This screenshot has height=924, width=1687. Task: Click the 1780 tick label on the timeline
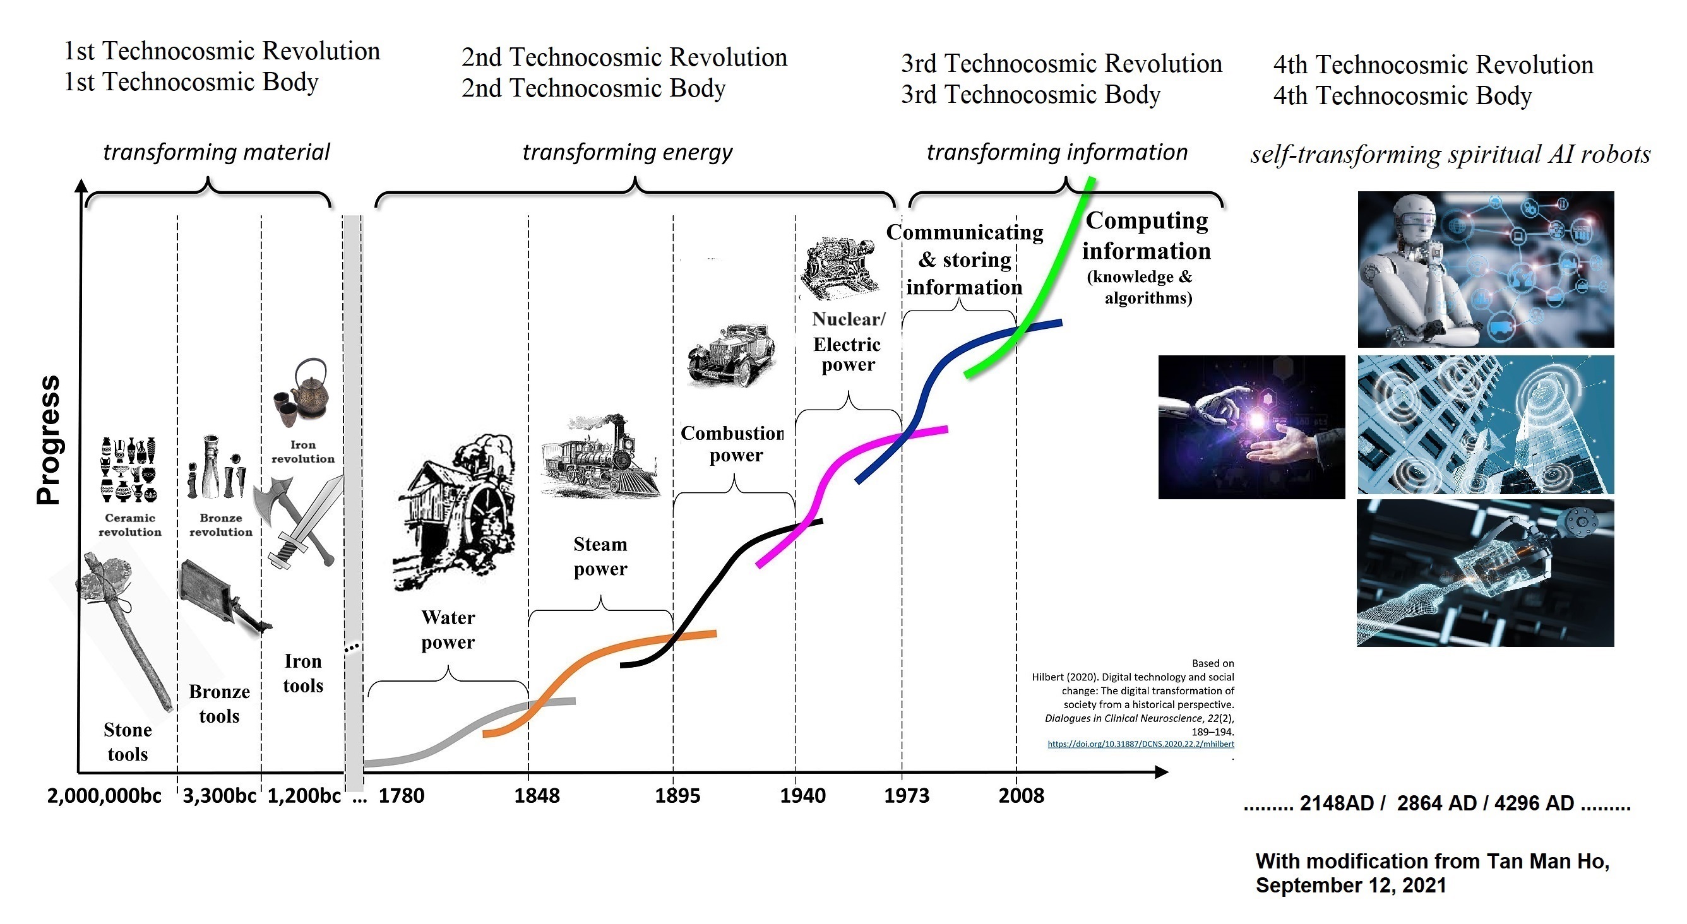402,796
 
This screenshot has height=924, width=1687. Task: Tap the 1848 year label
537,796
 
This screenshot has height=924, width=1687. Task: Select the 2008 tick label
1021,796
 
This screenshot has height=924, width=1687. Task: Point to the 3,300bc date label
218,796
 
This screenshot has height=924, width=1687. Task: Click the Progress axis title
49,439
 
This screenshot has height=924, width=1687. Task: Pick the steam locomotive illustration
599,455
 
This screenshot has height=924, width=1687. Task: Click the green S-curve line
1054,275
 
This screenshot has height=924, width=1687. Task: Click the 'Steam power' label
600,557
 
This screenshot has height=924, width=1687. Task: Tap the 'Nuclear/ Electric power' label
848,341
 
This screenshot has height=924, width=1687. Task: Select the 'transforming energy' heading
627,152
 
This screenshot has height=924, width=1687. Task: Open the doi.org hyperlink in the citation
1140,744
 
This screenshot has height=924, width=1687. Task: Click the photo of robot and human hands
1251,427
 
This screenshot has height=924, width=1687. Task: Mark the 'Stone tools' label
127,742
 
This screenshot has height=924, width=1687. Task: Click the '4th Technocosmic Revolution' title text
1433,65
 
